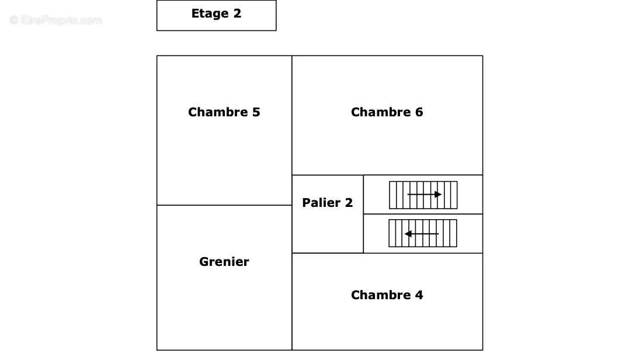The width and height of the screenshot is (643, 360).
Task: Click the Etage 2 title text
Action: coord(216,13)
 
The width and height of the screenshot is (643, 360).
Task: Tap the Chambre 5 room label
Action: coord(224,112)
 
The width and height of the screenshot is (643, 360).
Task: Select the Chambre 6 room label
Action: coord(387,112)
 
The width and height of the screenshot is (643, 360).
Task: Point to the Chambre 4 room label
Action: coord(387,295)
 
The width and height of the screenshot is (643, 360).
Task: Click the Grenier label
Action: coord(224,262)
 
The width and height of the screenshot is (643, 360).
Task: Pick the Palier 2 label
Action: coord(327,203)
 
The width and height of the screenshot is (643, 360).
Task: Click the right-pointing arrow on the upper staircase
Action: coord(424,194)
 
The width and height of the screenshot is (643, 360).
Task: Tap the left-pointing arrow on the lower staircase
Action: coord(422,234)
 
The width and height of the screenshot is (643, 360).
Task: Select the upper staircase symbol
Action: coord(423,195)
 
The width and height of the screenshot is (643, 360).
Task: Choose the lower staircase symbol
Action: coord(423,233)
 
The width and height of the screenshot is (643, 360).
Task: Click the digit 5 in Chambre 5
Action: coord(256,112)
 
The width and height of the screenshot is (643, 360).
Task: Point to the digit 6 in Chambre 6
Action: coord(419,112)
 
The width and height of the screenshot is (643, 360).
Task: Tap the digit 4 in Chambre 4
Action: coord(419,295)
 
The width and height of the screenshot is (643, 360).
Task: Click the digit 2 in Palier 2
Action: coord(349,203)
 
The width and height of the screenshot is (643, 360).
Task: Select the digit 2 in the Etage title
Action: coord(237,13)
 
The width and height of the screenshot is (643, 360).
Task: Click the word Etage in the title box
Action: coord(209,13)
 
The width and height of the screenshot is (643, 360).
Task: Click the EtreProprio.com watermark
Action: coord(55,20)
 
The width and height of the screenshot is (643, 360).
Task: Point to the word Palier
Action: coord(321,203)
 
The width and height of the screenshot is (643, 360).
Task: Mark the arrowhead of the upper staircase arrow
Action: coord(439,194)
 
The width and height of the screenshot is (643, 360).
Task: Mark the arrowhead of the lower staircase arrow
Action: coord(408,234)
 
